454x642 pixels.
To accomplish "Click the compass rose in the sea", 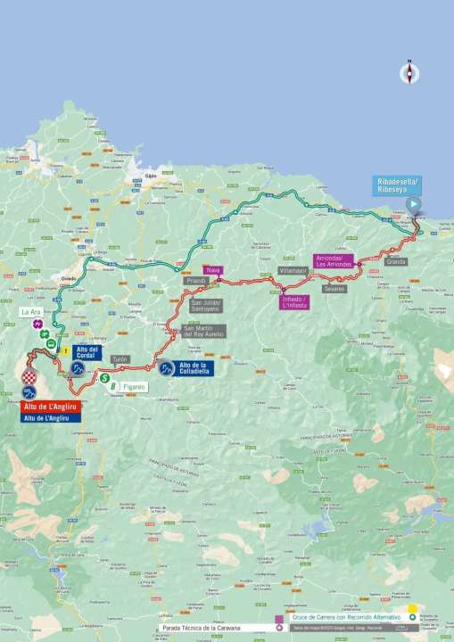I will [409, 73].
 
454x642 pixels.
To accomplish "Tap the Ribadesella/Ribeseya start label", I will [397, 185].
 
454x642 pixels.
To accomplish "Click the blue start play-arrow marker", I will [414, 203].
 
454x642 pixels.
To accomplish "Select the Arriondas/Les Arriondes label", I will [334, 261].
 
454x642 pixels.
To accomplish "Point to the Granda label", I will [396, 261].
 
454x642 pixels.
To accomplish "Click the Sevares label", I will [334, 289].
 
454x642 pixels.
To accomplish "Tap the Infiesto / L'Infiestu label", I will [294, 302].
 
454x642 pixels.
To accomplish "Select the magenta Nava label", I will [212, 269].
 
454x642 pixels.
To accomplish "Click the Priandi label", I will [195, 281].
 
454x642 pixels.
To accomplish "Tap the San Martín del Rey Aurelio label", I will [203, 331].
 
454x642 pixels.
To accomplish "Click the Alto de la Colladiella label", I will [194, 367].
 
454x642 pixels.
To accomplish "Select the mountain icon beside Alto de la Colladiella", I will [167, 367].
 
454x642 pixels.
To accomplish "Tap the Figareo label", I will [134, 386].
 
